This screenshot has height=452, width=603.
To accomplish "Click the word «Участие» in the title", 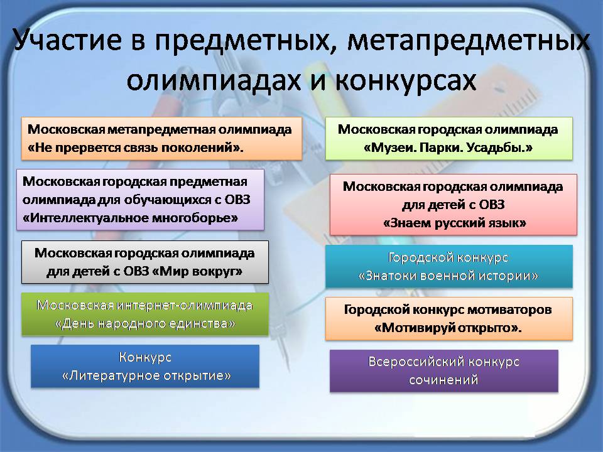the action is pos(68,41).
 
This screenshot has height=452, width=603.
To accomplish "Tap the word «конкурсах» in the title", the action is pos(406,80).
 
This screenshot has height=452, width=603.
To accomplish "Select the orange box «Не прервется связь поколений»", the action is pos(161,138).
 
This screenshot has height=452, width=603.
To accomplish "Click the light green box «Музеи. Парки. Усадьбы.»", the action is pos(448,138).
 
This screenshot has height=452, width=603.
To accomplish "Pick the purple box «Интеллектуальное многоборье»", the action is pos(140,200).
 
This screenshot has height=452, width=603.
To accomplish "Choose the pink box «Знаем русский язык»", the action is pos(454,205).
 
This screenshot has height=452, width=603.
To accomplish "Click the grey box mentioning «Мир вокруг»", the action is pos(145,262).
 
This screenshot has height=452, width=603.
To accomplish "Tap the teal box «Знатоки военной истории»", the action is pos(448,266).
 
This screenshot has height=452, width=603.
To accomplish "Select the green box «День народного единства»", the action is pos(145,315).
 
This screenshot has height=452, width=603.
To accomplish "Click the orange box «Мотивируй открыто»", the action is pos(448,319).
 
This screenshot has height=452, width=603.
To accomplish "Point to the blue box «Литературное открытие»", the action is pos(145,366).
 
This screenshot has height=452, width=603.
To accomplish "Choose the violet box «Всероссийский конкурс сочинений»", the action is pos(444,371).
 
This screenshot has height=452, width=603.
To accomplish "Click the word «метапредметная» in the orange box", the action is pos(161,129).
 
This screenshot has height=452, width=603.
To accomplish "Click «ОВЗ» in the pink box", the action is pos(492,205).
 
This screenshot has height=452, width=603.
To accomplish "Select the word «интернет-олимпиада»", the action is pos(184,305).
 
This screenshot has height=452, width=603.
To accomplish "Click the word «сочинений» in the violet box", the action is pos(443,380).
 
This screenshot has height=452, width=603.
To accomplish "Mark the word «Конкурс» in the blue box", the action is pos(145,357).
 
